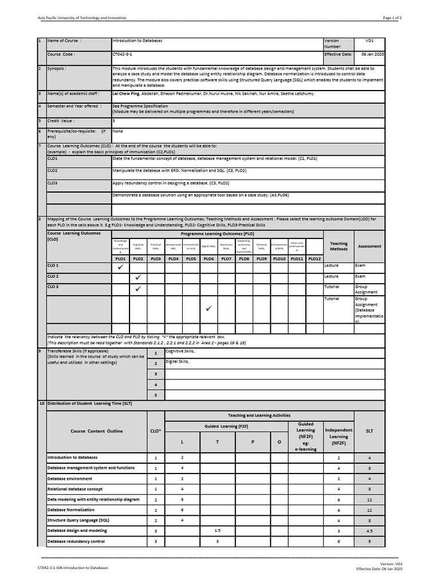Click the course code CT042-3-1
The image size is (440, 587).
tap(124, 54)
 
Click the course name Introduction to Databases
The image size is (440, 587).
tap(137, 41)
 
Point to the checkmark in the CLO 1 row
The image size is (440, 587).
tap(120, 267)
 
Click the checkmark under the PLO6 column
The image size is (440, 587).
tap(209, 309)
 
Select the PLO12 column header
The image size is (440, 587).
tap(315, 259)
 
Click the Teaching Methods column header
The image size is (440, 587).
tap(339, 246)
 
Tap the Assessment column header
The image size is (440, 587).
tap(370, 246)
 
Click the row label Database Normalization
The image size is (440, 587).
tap(71, 510)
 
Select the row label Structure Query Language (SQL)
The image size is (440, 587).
tap(78, 520)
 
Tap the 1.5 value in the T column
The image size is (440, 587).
tap(217, 531)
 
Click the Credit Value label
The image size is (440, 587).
tap(61, 121)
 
